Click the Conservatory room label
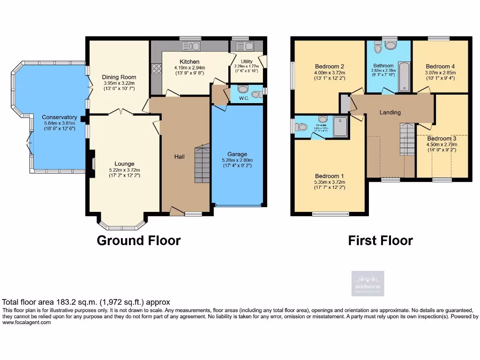point(59,117)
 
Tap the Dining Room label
point(120,77)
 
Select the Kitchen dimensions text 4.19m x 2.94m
point(189,67)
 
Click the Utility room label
point(247,61)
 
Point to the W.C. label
point(243,98)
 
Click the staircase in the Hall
point(202,164)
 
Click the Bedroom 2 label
point(330,67)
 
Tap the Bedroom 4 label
point(440,67)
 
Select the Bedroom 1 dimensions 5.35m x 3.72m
point(330,182)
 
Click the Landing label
point(390,112)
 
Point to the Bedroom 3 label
point(441,139)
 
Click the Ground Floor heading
point(138,240)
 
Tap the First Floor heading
point(380,240)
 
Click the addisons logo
point(368,284)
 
